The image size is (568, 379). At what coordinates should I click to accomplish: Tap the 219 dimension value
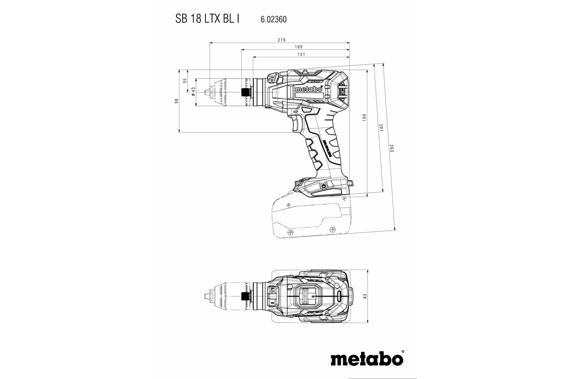pos(281,40)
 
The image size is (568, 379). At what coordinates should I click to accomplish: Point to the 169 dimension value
pos(298,47)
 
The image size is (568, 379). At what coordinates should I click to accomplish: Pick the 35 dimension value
pos(185,81)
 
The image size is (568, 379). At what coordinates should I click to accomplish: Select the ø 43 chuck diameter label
pos(193,91)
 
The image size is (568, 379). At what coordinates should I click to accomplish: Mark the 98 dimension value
pos(176,101)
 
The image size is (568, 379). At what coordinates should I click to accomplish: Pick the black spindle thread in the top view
pos(245,296)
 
